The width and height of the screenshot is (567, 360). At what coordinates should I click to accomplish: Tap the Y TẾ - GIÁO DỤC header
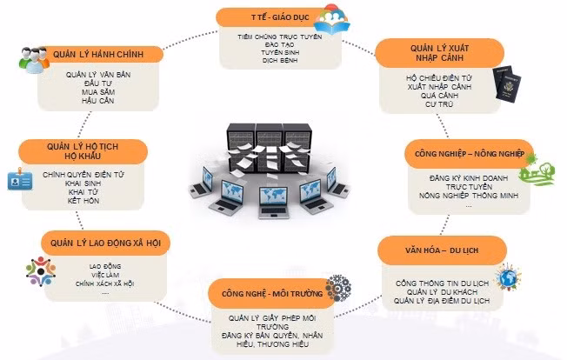(268, 17)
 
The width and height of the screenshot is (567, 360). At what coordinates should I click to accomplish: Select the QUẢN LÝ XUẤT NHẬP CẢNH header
(431, 50)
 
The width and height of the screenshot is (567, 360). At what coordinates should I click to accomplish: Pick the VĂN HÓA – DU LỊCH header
(442, 250)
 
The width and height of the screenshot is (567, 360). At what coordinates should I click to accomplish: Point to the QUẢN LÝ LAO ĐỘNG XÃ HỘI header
(104, 242)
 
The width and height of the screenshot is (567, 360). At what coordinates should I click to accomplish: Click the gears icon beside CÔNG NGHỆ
(337, 289)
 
